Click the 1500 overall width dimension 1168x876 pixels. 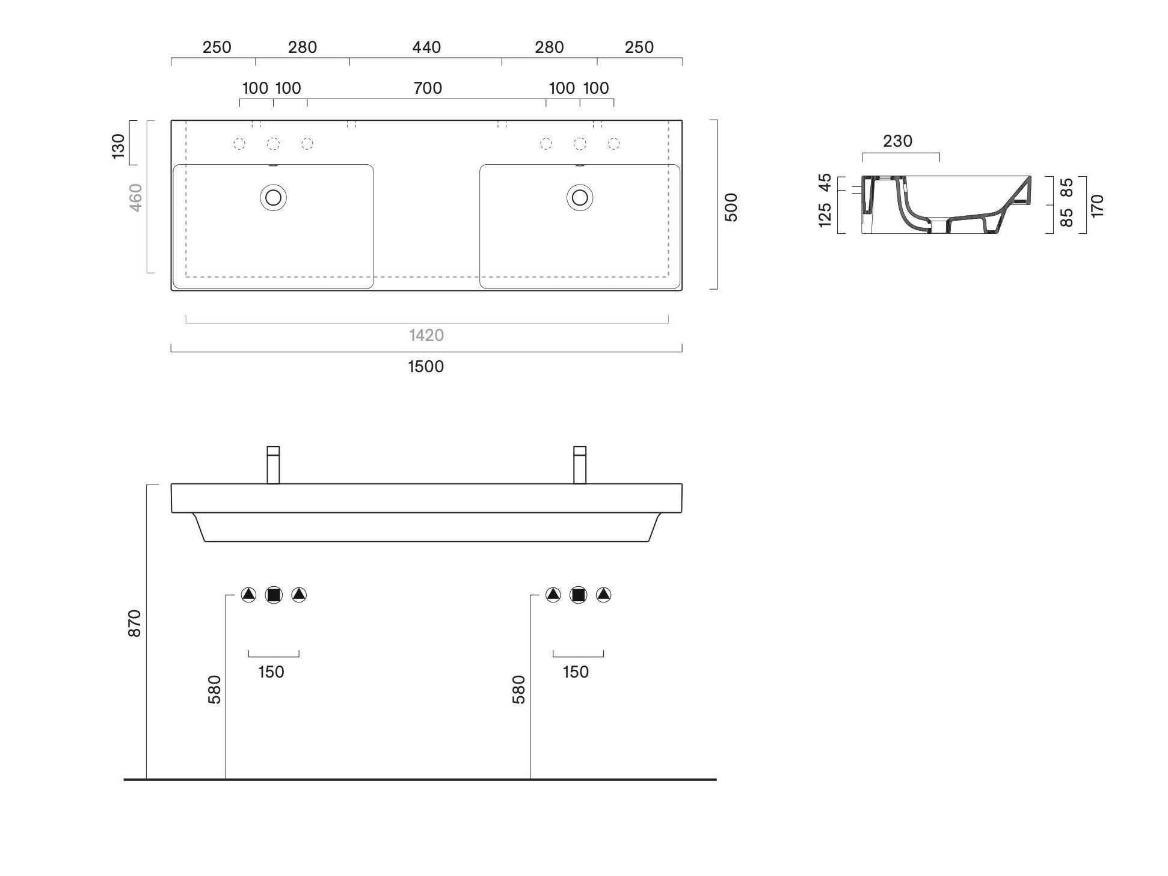(x=426, y=366)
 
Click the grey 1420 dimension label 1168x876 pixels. (x=426, y=335)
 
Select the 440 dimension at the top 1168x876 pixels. (x=426, y=47)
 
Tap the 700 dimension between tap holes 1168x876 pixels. (x=428, y=88)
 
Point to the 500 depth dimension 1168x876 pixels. (x=731, y=207)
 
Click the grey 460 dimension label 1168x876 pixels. (x=137, y=197)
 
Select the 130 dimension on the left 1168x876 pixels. (x=118, y=146)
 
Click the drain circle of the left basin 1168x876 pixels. (x=273, y=197)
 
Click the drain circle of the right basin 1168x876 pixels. (x=580, y=197)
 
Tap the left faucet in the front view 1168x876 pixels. (x=273, y=465)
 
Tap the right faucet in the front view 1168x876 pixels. (x=580, y=465)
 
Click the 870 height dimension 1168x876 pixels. (x=135, y=623)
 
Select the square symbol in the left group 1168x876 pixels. (x=274, y=595)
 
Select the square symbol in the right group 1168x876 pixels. (x=578, y=595)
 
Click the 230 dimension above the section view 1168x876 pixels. (x=897, y=141)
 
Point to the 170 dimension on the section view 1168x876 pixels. (x=1097, y=206)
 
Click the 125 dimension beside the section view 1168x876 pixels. (x=825, y=215)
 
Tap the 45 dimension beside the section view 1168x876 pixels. (x=825, y=182)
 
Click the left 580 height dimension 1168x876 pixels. (x=215, y=690)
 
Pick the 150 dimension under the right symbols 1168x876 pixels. (x=576, y=672)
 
